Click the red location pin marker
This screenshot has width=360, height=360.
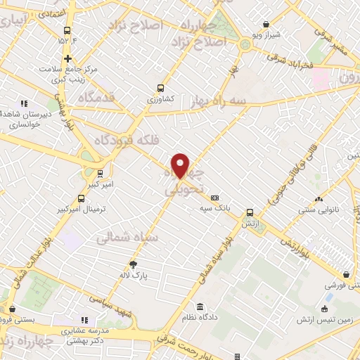[x=181, y=165]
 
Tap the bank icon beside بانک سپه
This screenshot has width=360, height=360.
[x=214, y=198]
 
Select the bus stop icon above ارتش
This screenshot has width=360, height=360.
[x=250, y=212]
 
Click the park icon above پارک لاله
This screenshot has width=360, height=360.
[x=133, y=264]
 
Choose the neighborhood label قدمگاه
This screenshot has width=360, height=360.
[x=97, y=96]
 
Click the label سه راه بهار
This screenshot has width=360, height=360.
[x=219, y=101]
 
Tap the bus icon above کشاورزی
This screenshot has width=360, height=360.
[x=161, y=89]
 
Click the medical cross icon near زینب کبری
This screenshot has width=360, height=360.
[x=67, y=58]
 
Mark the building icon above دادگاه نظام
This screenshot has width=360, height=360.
[x=200, y=307]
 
